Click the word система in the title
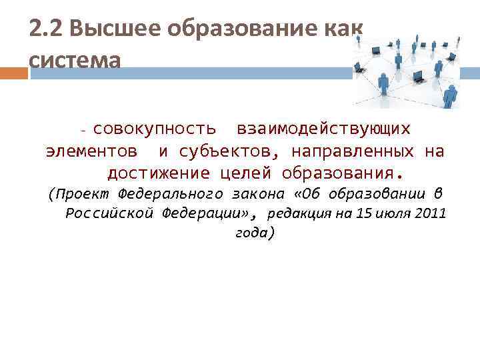coord(75,60)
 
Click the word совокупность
coord(154,127)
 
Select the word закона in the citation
coord(260,194)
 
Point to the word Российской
coord(110,213)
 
